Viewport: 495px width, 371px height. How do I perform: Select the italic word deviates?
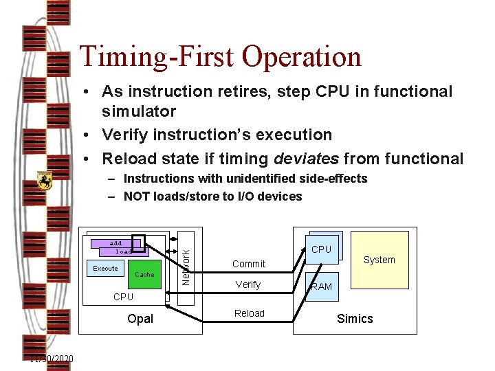(306, 159)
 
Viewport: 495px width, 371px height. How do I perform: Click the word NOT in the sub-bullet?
(137, 196)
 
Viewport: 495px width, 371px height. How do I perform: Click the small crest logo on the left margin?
(45, 181)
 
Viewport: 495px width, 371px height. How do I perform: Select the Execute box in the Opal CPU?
(105, 268)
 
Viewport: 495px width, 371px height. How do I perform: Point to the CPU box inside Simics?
(321, 249)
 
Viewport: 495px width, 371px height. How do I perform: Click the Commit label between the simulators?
(248, 264)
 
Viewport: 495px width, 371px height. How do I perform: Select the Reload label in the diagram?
(249, 313)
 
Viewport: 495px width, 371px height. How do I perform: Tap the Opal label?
(140, 319)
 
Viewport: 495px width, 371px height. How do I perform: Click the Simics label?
(355, 319)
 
